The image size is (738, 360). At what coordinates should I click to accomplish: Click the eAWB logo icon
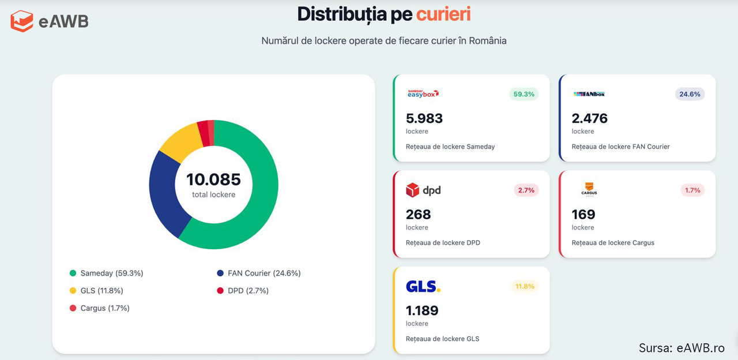(22, 21)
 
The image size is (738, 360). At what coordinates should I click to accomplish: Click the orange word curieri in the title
(443, 14)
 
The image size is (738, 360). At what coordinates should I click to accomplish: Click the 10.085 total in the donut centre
(213, 179)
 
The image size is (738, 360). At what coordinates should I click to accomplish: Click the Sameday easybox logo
(423, 93)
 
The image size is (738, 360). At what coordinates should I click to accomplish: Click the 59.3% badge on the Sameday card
(524, 94)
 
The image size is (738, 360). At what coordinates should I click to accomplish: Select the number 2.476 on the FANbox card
(589, 118)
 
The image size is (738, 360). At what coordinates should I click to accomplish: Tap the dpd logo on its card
(423, 190)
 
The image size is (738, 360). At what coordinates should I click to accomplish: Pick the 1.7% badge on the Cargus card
(692, 190)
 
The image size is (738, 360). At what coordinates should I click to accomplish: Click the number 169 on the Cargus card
(583, 215)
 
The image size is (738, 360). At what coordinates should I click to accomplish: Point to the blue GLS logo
(423, 286)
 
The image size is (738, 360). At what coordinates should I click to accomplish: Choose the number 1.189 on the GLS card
(422, 310)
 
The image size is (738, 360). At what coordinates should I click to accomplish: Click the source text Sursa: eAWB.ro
(681, 347)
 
